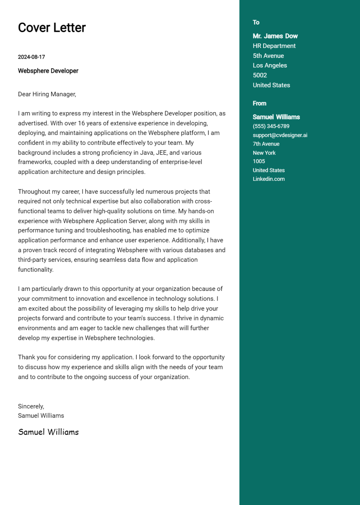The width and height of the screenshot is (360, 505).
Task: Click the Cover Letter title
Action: (x=52, y=28)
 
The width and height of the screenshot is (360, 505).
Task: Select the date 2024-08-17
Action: (x=31, y=57)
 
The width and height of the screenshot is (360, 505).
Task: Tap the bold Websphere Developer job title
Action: (x=48, y=71)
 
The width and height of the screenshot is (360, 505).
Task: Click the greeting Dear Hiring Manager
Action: (x=47, y=94)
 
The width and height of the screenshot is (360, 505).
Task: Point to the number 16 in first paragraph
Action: (x=81, y=123)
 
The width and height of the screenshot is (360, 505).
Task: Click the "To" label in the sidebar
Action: (x=256, y=22)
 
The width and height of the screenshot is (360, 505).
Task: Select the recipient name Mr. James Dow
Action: (x=275, y=36)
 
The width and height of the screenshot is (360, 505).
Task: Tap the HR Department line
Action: (x=274, y=46)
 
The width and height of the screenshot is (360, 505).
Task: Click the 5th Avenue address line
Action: (x=268, y=56)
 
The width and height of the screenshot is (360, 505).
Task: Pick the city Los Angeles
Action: (x=270, y=65)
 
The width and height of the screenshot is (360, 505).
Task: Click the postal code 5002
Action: (x=259, y=75)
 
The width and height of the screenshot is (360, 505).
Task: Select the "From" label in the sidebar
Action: (x=259, y=103)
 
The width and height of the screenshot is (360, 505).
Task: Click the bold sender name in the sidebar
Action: (x=276, y=117)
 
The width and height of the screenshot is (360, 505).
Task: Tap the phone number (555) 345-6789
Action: (x=271, y=126)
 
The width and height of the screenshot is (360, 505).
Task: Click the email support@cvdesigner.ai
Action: (x=280, y=135)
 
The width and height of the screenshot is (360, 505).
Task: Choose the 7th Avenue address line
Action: (x=266, y=144)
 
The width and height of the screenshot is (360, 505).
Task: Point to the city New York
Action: (x=264, y=153)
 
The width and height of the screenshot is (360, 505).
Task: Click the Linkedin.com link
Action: (x=268, y=179)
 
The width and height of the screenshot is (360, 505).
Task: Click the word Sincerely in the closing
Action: (x=31, y=406)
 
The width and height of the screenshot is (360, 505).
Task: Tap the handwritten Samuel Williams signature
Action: (x=48, y=432)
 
